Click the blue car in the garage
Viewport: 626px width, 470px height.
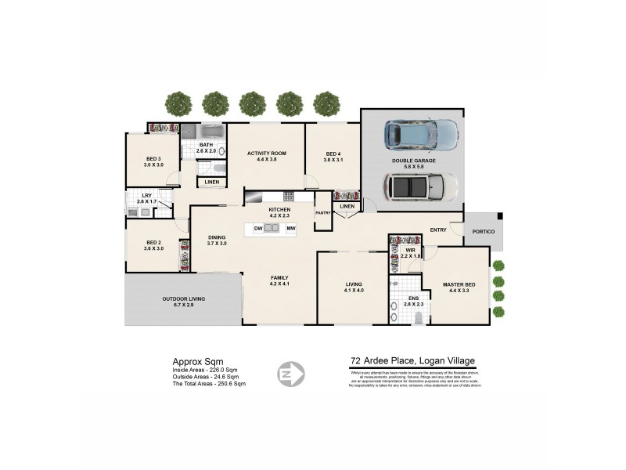[422, 135]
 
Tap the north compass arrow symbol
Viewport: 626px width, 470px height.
[290, 374]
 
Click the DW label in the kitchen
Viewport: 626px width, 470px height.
[257, 228]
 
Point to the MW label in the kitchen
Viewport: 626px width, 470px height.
[290, 228]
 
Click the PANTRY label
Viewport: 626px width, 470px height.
[322, 212]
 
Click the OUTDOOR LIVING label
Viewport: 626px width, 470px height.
[183, 298]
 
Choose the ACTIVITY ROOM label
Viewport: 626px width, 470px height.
[267, 154]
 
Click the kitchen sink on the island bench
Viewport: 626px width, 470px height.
[271, 228]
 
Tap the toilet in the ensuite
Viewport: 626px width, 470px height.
[419, 316]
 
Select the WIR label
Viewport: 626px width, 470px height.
[410, 250]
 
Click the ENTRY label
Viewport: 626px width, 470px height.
[438, 230]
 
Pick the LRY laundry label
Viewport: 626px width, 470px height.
[146, 195]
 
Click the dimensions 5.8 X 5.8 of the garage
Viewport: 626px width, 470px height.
[414, 167]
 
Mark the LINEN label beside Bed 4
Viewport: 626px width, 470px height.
[347, 207]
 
